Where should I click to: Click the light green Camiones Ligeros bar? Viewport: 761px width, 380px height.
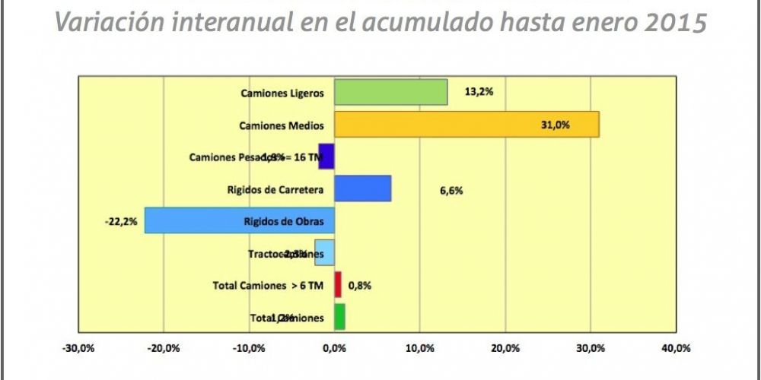390,93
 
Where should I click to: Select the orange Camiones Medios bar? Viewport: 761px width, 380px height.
466,125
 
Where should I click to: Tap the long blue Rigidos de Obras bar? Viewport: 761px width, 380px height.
239,220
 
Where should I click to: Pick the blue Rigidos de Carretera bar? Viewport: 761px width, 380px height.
362,188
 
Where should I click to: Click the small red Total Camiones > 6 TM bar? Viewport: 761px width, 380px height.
338,285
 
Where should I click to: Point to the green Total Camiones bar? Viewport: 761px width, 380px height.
339,317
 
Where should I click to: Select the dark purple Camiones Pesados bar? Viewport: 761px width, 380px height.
326,157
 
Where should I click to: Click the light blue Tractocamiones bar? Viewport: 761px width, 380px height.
325,253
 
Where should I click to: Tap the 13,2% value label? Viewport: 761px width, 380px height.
479,93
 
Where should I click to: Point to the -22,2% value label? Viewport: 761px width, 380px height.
120,221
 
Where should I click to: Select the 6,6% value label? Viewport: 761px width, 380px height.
451,190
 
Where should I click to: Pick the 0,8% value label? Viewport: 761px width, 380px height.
359,286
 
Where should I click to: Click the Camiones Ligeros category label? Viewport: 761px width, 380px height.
282,93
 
